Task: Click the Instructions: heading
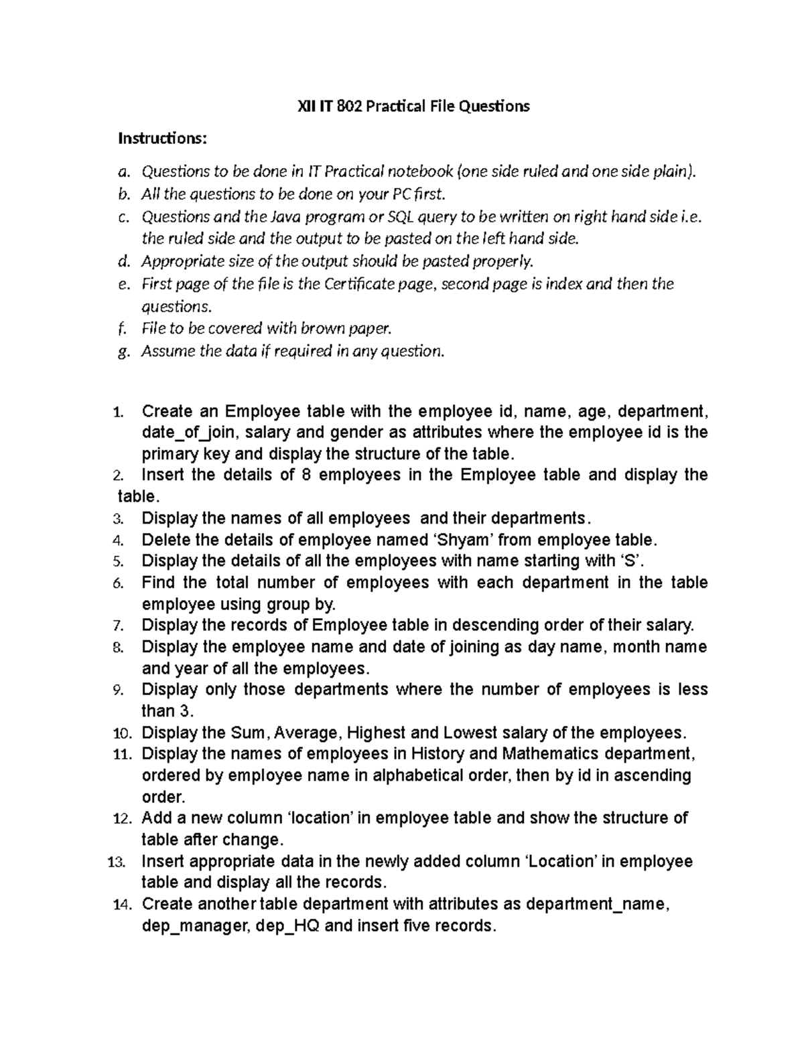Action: pos(163,139)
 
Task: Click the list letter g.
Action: pos(121,352)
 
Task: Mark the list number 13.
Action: pos(116,862)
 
